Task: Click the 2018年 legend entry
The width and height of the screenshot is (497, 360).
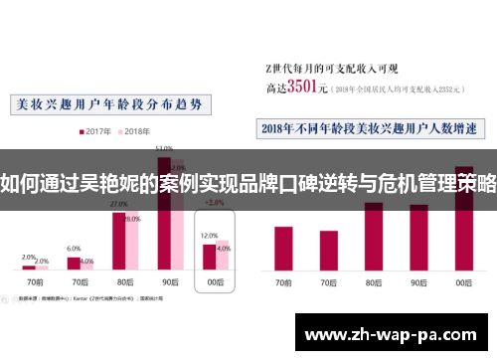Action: [135, 131]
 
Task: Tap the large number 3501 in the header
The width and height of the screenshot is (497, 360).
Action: [305, 87]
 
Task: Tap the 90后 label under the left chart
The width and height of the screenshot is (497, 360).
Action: [171, 283]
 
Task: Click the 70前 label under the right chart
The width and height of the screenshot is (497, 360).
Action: [283, 283]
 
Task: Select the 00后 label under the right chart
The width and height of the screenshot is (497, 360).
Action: [463, 283]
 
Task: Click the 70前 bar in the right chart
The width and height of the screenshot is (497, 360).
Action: [283, 249]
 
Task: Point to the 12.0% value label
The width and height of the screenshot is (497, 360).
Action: [209, 237]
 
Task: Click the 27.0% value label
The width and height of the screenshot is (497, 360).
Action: [118, 203]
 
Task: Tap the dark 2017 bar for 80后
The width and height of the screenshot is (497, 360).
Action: [119, 240]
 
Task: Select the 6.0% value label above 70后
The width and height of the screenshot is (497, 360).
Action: [74, 249]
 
